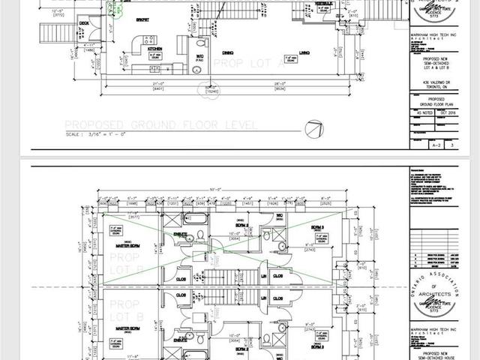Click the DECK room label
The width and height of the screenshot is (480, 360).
(84, 24)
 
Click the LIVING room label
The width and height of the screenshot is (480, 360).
(305, 52)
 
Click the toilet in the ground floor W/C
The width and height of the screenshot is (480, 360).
(197, 69)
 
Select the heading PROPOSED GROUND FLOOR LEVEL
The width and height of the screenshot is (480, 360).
(161, 124)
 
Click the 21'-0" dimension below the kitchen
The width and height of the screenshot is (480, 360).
(158, 83)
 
